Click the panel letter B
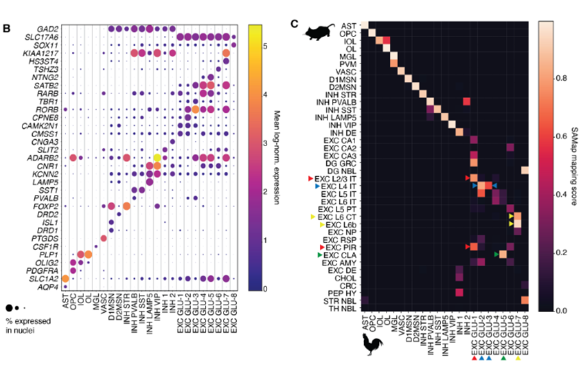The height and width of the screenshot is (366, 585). tap(7, 28)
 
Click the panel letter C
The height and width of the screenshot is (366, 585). tap(295, 24)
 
